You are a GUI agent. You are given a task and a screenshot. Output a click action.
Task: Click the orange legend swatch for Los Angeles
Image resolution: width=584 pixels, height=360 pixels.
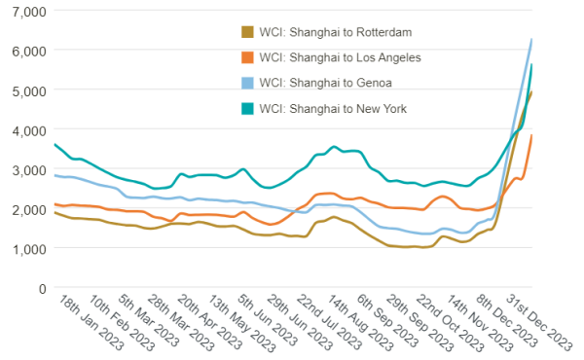click(x=247, y=57)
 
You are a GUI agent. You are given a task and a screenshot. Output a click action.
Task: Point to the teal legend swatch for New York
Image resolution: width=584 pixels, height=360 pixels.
click(x=247, y=108)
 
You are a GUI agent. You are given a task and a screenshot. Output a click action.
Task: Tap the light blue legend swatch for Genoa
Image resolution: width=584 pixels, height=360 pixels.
click(x=247, y=83)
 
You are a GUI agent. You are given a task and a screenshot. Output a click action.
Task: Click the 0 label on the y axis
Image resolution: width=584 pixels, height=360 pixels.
click(x=42, y=289)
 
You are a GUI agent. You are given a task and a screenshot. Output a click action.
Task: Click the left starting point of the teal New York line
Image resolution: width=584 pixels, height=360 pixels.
click(x=55, y=144)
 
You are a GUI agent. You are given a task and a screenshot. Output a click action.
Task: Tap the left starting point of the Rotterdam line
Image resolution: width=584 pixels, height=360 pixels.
click(x=55, y=211)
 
